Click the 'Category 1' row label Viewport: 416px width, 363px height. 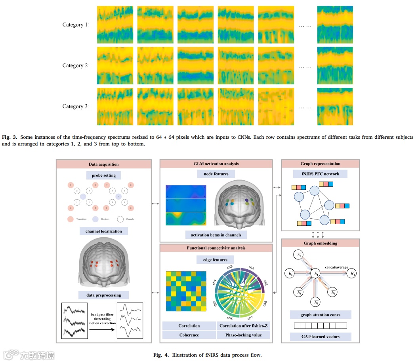point(76,25)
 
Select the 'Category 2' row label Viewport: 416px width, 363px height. point(76,65)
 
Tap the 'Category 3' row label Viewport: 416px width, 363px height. point(76,106)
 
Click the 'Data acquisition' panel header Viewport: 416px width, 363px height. point(103,164)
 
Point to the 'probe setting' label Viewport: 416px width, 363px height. point(103,175)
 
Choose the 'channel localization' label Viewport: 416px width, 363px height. point(103,231)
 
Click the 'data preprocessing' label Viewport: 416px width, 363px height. point(103,295)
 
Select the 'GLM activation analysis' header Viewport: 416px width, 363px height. point(216,164)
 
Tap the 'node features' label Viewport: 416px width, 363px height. point(216,174)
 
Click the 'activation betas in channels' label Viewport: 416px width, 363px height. point(216,234)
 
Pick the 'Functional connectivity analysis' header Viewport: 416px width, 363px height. point(216,248)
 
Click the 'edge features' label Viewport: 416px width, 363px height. point(216,259)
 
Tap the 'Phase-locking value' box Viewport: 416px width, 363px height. point(243,335)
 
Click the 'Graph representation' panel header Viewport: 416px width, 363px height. point(320,164)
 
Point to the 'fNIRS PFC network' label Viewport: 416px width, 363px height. point(320,174)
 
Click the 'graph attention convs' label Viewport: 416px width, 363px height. point(320,315)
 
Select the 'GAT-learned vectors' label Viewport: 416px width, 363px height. point(320,337)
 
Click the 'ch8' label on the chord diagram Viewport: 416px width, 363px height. point(265,303)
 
